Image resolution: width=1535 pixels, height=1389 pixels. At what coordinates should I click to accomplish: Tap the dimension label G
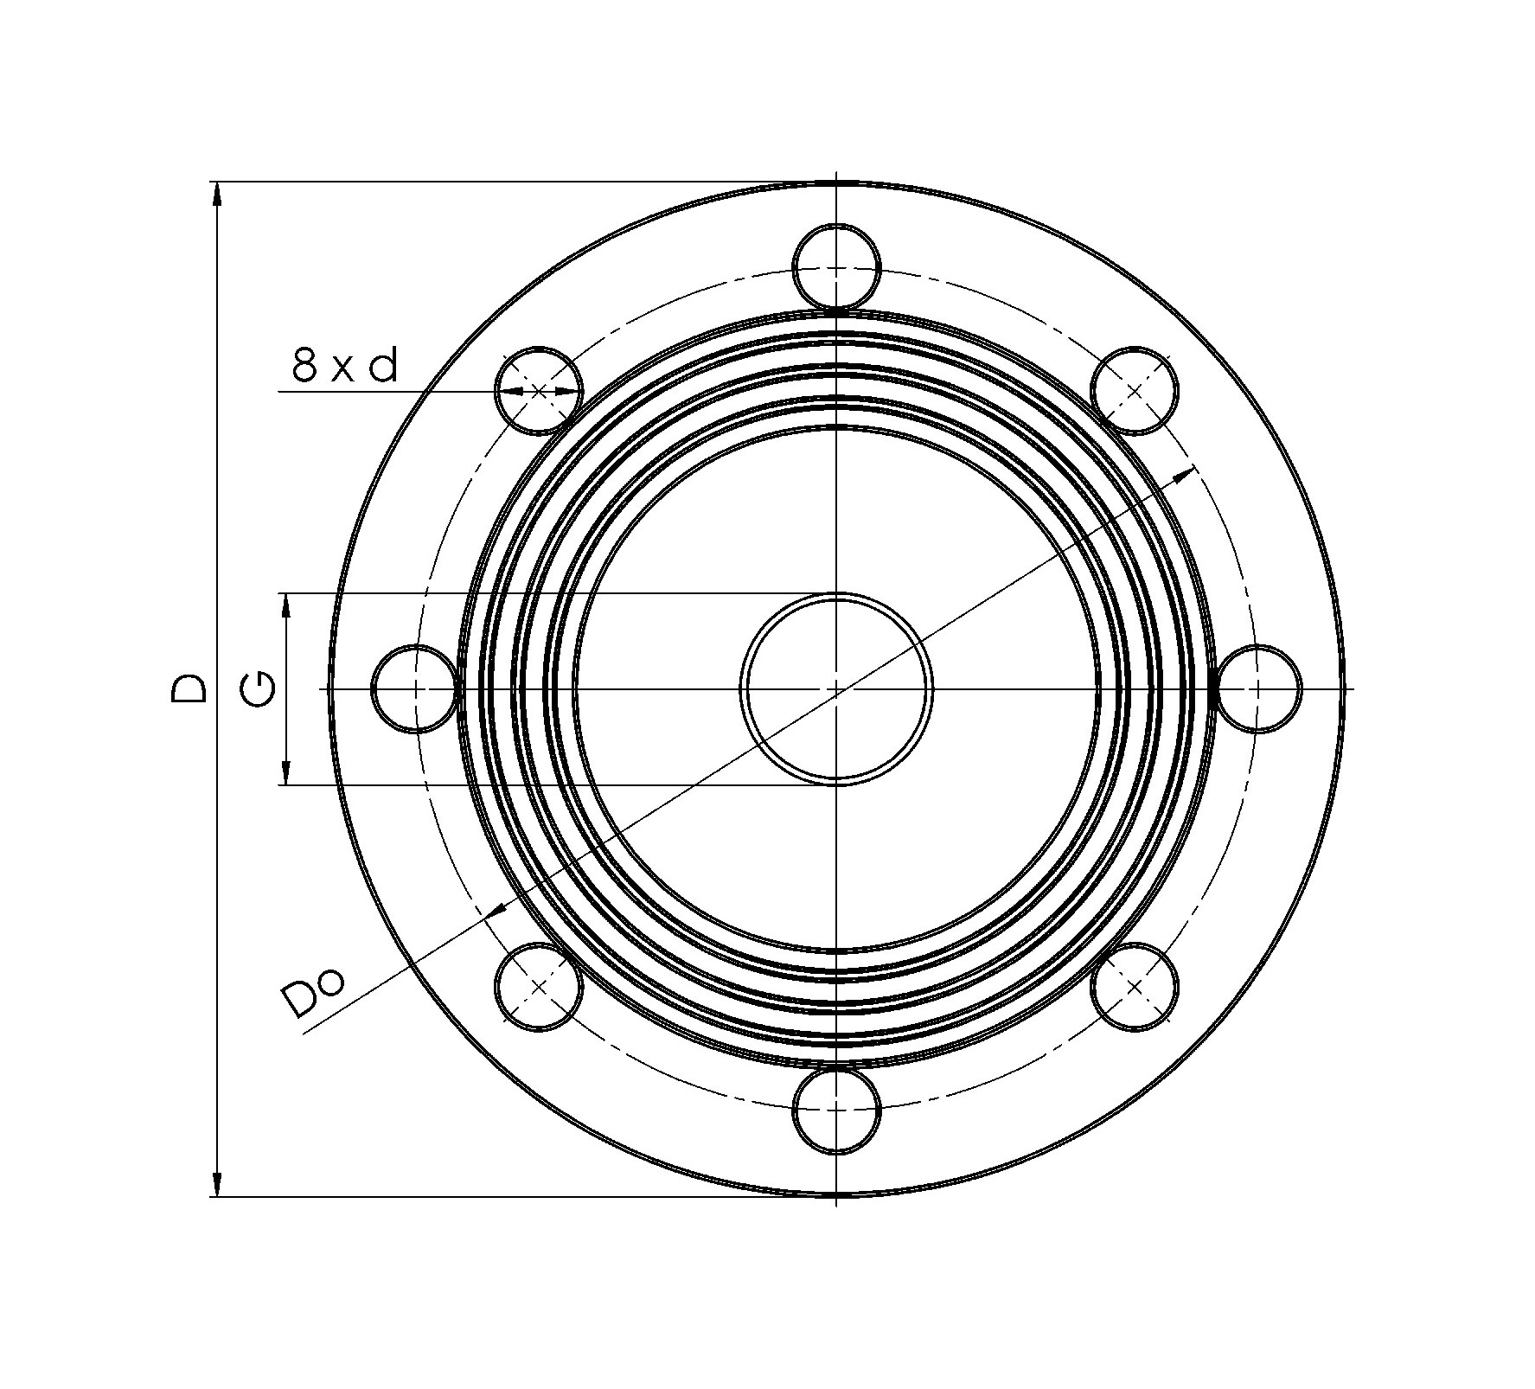[x=259, y=688]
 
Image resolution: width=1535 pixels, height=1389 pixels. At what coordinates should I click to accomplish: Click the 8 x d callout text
[x=345, y=366]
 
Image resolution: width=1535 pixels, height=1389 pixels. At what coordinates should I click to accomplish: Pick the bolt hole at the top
[x=836, y=266]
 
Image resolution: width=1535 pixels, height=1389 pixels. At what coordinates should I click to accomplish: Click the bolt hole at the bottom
[x=836, y=1111]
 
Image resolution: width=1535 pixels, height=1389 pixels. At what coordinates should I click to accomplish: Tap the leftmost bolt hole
[x=414, y=688]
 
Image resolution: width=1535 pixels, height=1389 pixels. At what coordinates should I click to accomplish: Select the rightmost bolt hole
[x=1258, y=688]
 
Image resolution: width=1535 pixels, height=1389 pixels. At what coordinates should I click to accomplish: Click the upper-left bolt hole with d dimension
[x=539, y=391]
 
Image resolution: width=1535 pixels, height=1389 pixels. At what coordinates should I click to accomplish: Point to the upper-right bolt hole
[x=1135, y=391]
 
